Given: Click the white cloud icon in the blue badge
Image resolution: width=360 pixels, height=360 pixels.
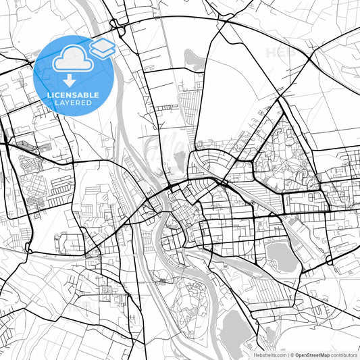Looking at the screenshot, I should click(71, 59).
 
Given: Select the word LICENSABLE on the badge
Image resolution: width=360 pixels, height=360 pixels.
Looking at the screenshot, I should click(73, 95).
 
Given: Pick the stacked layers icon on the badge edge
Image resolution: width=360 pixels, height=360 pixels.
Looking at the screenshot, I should click(103, 47).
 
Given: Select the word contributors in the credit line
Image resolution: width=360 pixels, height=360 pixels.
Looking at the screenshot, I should click(345, 355).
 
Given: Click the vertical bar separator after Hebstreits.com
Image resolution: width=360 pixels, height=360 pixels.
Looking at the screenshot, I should click(288, 355).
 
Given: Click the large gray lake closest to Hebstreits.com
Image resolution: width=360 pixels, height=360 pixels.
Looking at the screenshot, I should click(236, 329).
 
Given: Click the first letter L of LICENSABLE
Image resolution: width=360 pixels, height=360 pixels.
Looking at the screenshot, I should click(49, 95).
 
